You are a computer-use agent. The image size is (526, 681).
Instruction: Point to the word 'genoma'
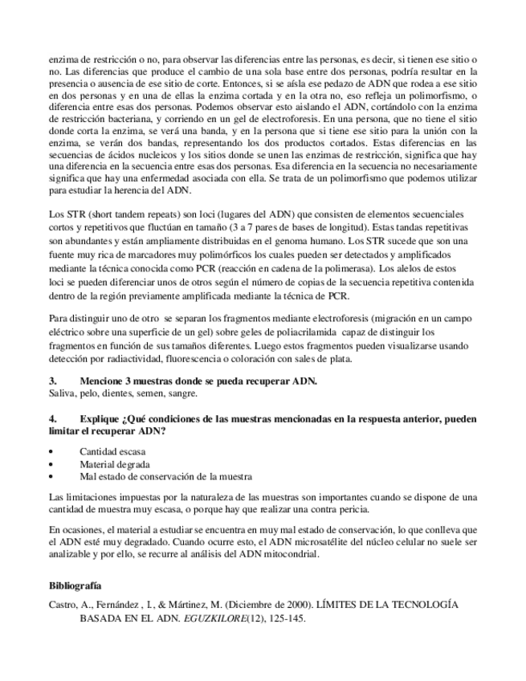pyautogui.click(x=300, y=240)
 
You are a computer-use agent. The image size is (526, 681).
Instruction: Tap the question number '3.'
pyautogui.click(x=54, y=381)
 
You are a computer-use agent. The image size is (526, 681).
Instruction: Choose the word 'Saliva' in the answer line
pyautogui.click(x=63, y=394)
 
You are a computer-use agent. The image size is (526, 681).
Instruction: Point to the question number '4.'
pyautogui.click(x=54, y=418)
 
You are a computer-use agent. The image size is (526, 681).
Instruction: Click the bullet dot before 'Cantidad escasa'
pyautogui.click(x=52, y=452)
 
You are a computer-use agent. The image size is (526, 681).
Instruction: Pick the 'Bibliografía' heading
pyautogui.click(x=75, y=585)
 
